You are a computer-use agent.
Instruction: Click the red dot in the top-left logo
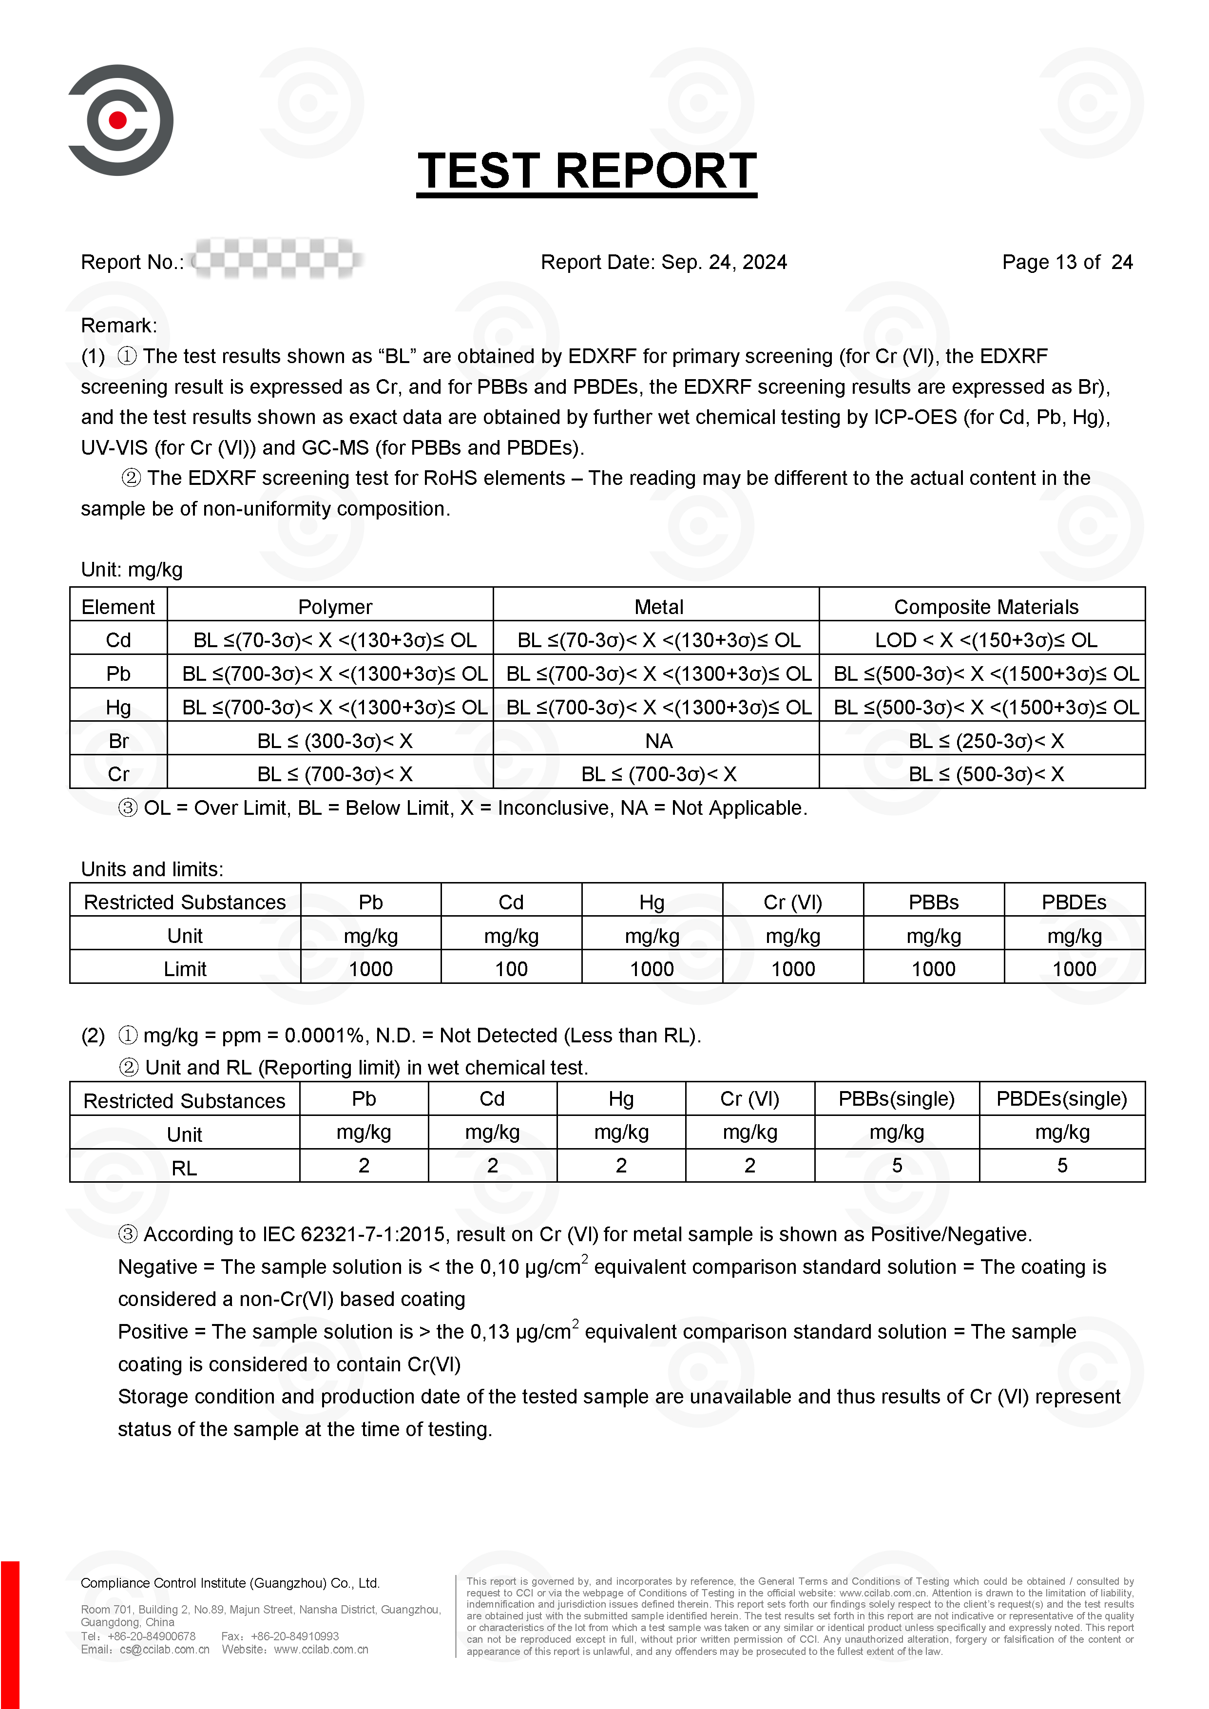click(x=117, y=120)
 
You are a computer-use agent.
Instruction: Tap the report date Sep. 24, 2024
click(x=724, y=262)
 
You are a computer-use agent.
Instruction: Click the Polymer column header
click(x=335, y=607)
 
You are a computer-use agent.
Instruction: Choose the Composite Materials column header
click(x=986, y=607)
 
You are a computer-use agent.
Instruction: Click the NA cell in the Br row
click(x=659, y=741)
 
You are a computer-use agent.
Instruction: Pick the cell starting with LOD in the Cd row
click(x=986, y=640)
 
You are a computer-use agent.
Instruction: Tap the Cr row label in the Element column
click(x=118, y=774)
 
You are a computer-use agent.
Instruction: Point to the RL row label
click(x=185, y=1168)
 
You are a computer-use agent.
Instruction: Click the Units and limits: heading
click(x=152, y=869)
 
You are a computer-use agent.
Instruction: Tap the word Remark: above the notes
click(x=119, y=325)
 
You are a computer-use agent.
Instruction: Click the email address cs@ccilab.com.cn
click(x=165, y=1650)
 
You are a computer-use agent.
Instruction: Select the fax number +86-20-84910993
click(x=295, y=1636)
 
